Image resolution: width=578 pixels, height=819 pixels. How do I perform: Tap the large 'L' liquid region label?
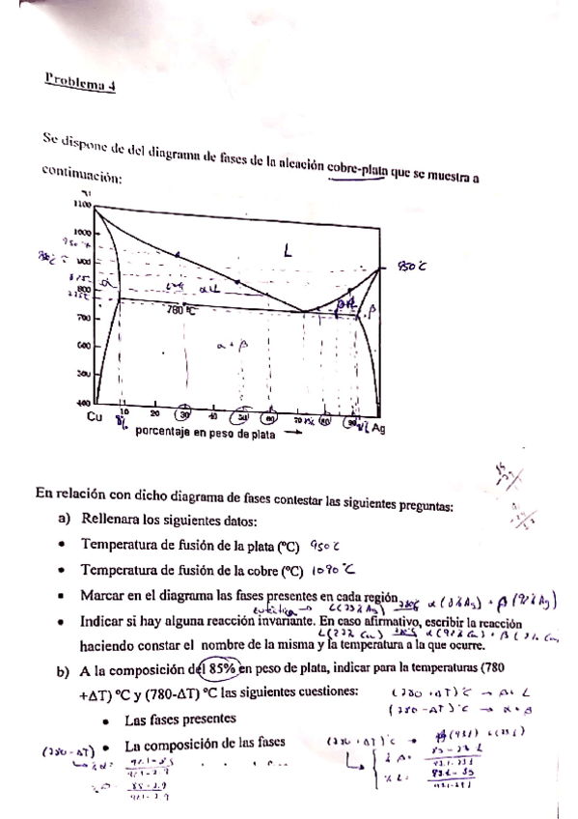287,250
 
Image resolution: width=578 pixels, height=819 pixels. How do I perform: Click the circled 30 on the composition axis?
183,415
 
